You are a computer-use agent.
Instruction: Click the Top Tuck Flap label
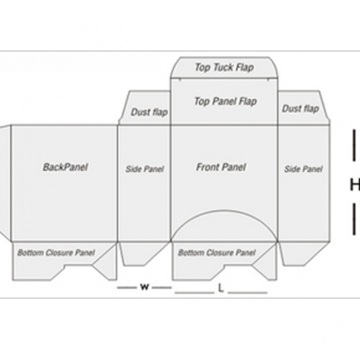click(x=223, y=67)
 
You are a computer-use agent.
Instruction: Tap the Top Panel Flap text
click(x=224, y=101)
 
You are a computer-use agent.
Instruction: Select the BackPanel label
click(x=65, y=167)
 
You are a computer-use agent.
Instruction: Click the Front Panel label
click(x=221, y=167)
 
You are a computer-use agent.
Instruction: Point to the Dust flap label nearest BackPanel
click(x=149, y=112)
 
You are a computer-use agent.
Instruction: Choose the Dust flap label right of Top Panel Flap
click(x=300, y=109)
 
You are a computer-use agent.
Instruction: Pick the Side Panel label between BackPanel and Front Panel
click(x=144, y=169)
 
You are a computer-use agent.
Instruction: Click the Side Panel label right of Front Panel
click(x=303, y=169)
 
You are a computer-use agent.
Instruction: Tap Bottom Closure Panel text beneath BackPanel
click(x=56, y=253)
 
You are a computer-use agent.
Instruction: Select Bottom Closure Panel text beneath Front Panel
click(x=217, y=253)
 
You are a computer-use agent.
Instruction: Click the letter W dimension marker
click(x=144, y=287)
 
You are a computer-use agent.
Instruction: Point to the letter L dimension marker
click(x=221, y=289)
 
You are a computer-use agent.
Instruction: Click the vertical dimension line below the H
click(x=354, y=219)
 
